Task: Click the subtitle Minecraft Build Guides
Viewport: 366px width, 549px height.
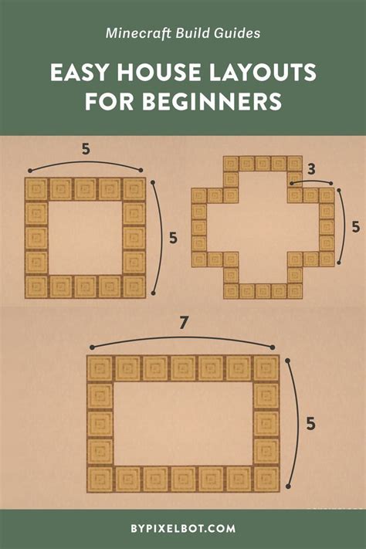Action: coord(183,33)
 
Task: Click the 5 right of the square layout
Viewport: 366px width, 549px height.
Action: coord(173,238)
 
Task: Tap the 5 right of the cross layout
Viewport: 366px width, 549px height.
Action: coord(355,227)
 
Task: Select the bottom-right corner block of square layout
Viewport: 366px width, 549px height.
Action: coord(134,286)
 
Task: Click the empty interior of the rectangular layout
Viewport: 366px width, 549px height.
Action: coord(183,424)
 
